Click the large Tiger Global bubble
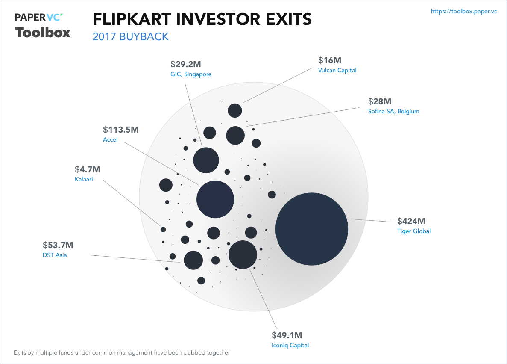[312, 229]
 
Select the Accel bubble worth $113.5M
[215, 199]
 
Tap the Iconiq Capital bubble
[243, 255]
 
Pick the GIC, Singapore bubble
[206, 160]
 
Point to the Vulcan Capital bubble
[235, 110]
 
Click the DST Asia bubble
[193, 260]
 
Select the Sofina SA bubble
[235, 135]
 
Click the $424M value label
[411, 221]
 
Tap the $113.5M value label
[121, 130]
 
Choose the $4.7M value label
[88, 169]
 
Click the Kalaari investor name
[84, 180]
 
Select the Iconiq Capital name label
[290, 346]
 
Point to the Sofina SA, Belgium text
[393, 112]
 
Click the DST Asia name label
[55, 255]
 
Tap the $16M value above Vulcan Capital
[330, 60]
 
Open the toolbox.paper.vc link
[464, 12]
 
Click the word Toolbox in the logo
[43, 33]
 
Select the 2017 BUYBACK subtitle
[131, 37]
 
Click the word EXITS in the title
[279, 19]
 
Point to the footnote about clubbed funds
[122, 353]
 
